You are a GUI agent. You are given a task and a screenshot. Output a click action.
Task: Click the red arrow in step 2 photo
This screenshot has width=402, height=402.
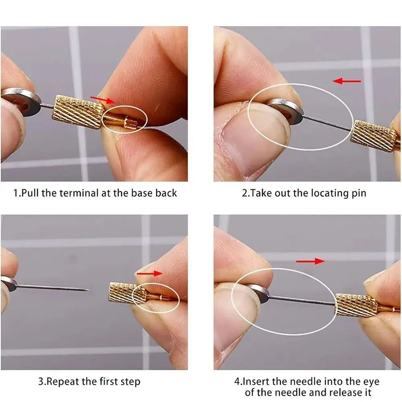(x=347, y=81)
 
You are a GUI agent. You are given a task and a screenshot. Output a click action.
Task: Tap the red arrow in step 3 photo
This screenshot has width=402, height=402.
(x=150, y=273)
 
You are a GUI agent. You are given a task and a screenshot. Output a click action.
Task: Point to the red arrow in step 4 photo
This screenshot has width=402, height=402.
(x=310, y=261)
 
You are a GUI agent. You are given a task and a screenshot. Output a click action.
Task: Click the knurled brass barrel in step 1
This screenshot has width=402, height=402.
(x=78, y=112)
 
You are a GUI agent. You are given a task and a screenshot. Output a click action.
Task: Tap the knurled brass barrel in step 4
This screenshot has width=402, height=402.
(x=356, y=306)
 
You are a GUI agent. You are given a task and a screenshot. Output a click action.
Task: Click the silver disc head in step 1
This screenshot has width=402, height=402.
(x=21, y=102)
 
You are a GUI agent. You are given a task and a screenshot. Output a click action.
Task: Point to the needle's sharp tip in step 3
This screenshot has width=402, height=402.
(x=89, y=290)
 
